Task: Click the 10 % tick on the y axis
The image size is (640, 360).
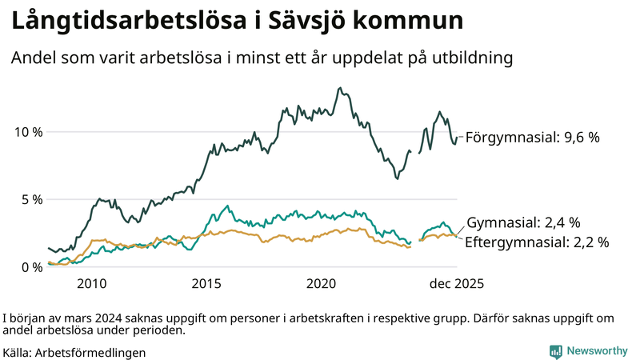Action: [x=26, y=131]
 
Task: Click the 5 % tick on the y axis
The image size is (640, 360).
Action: [x=30, y=199]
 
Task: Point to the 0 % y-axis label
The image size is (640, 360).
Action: [x=30, y=267]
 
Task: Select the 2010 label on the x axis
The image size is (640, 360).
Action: [x=91, y=283]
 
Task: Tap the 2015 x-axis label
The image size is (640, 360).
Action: [x=206, y=283]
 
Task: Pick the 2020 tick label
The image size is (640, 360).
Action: [x=322, y=283]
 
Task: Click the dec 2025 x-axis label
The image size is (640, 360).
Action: [x=457, y=283]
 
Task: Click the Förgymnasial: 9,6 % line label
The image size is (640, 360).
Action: [x=532, y=138]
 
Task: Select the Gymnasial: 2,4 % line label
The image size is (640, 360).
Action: [x=523, y=222]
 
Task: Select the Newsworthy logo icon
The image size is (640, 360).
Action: [x=555, y=350]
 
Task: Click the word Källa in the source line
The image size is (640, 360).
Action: [x=19, y=352]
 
